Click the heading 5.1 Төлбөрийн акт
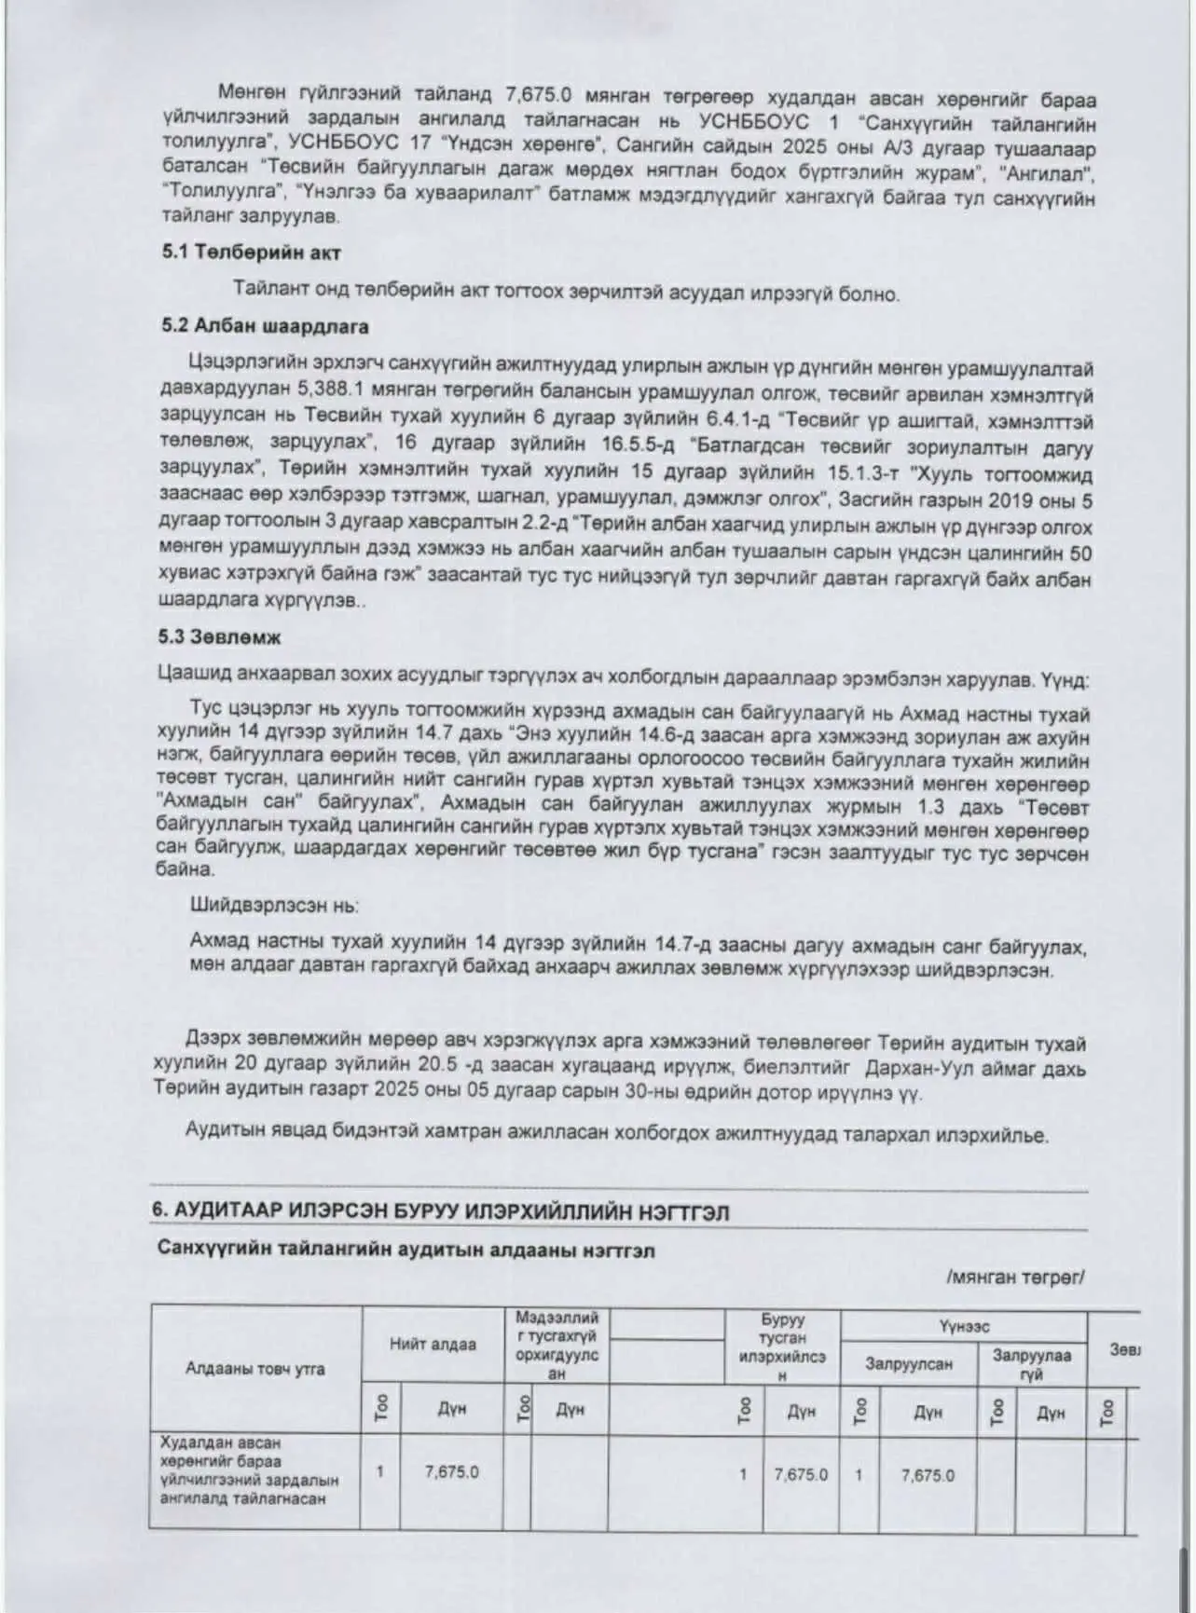pos(251,253)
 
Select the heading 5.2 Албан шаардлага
pos(265,327)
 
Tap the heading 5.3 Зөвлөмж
pos(221,637)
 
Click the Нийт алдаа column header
pos(433,1345)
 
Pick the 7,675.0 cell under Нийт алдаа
pos(452,1472)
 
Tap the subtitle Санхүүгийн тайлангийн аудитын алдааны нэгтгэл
pos(406,1251)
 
